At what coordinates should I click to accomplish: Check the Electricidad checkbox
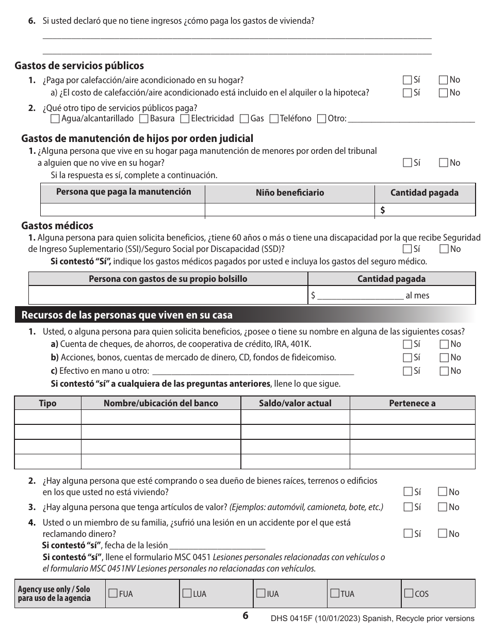(x=185, y=119)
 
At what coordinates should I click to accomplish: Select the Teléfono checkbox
(x=274, y=119)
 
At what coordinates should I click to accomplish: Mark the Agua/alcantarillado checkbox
(x=55, y=119)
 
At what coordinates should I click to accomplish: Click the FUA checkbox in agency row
(x=113, y=593)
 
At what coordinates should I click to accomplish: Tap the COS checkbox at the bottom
(x=409, y=593)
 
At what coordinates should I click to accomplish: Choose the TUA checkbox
(x=335, y=593)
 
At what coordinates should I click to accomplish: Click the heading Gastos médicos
(x=57, y=226)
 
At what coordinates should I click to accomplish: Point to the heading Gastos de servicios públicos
(x=79, y=66)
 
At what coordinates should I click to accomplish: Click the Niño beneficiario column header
(x=290, y=193)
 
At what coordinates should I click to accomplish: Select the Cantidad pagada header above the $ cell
(x=424, y=193)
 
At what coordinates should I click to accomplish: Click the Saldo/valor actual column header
(x=295, y=403)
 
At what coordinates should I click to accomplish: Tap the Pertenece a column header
(x=412, y=403)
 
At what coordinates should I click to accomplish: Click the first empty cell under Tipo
(x=47, y=417)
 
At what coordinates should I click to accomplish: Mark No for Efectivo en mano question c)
(x=444, y=371)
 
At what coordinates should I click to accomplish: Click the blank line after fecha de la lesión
(x=217, y=545)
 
